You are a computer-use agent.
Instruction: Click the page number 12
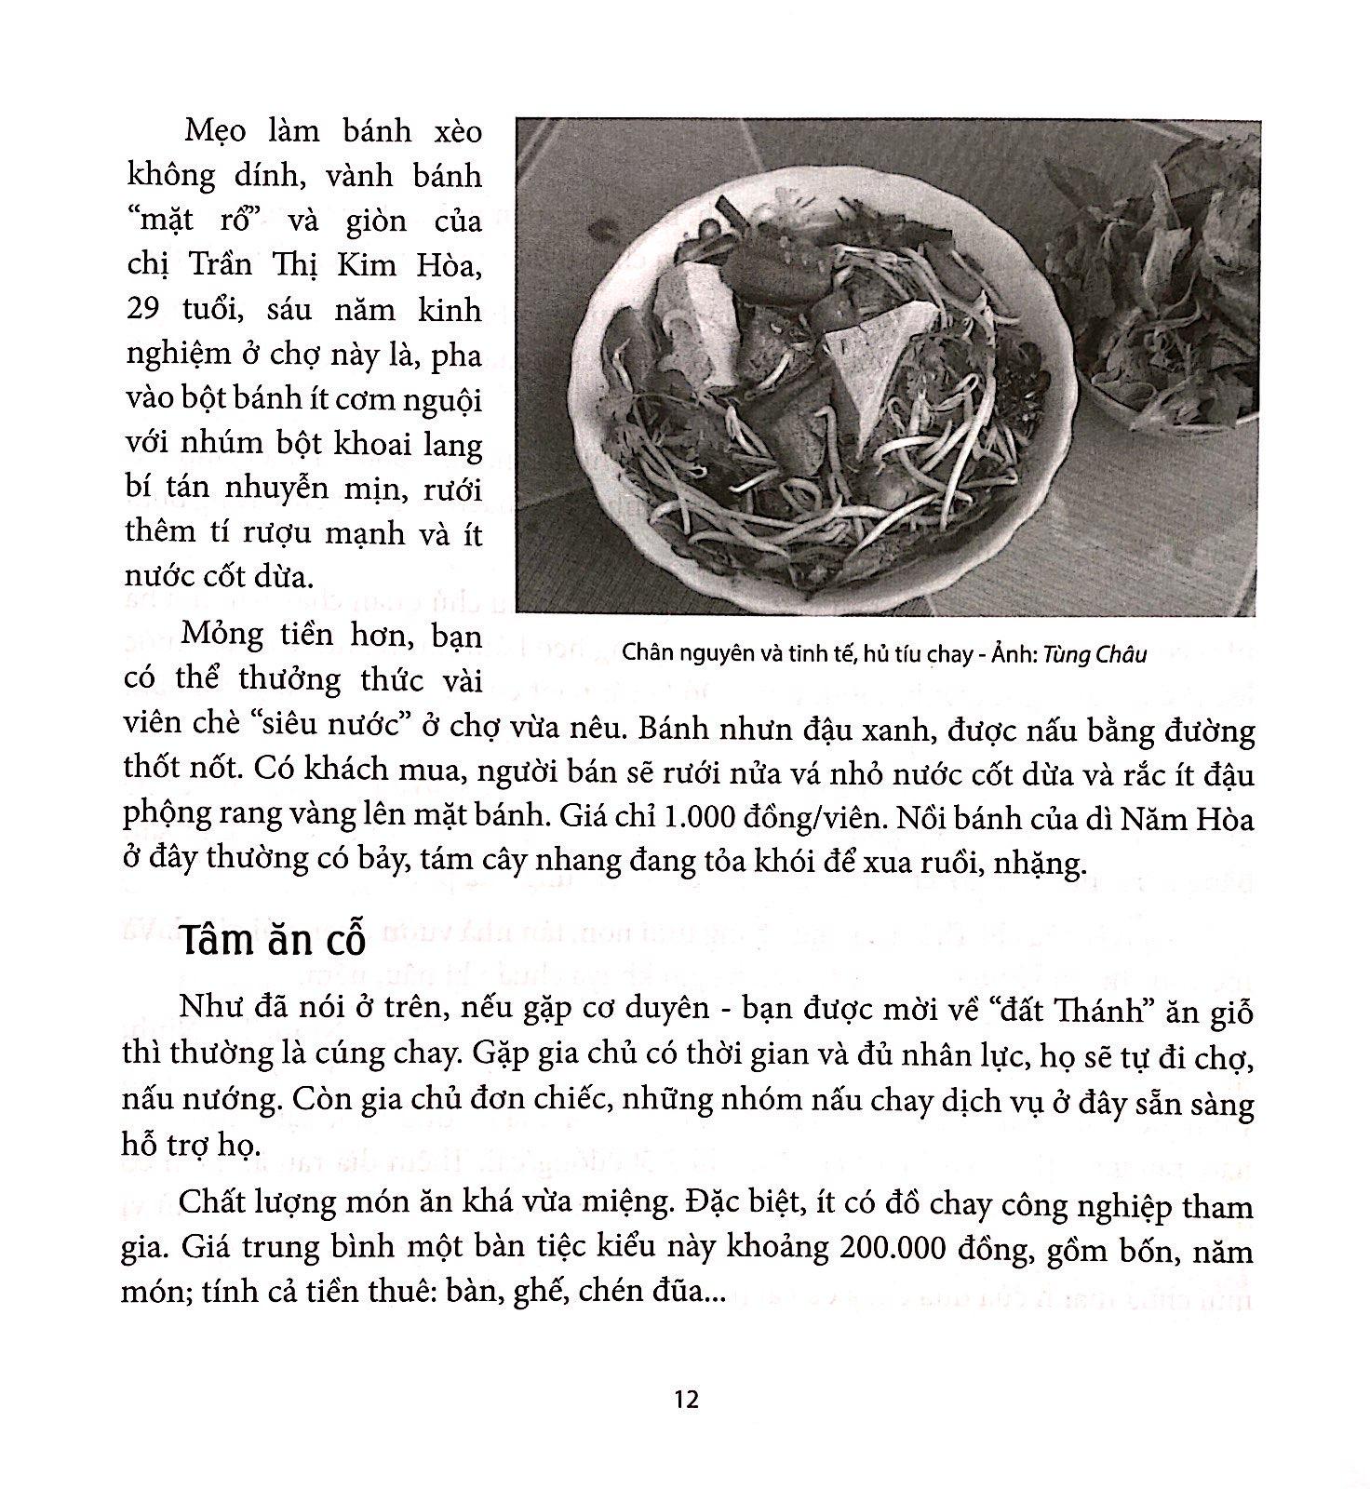click(x=685, y=1400)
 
